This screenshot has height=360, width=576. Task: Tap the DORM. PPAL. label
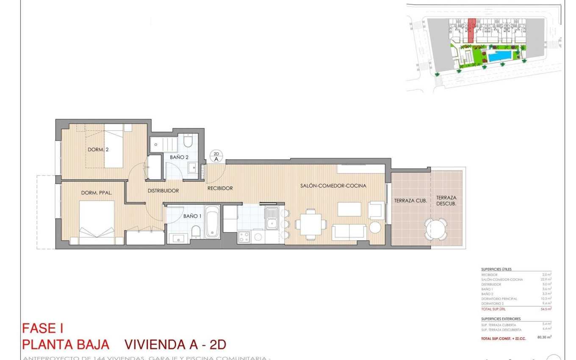click(97, 193)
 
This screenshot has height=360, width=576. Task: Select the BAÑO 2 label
click(179, 157)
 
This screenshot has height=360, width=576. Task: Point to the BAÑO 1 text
click(193, 216)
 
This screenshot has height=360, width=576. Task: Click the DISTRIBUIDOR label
click(163, 191)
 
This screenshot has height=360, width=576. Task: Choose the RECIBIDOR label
click(220, 188)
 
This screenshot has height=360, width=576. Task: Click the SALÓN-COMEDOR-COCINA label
click(333, 186)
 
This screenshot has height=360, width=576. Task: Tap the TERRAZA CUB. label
click(410, 201)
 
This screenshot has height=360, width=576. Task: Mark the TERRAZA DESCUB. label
click(446, 200)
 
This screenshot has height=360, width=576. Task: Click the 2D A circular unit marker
click(216, 157)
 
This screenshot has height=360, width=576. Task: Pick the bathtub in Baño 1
click(212, 222)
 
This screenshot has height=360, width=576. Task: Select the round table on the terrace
click(436, 229)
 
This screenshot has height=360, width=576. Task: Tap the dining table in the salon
click(311, 223)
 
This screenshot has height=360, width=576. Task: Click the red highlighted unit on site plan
click(471, 30)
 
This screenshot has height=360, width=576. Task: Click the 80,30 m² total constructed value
click(544, 338)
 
